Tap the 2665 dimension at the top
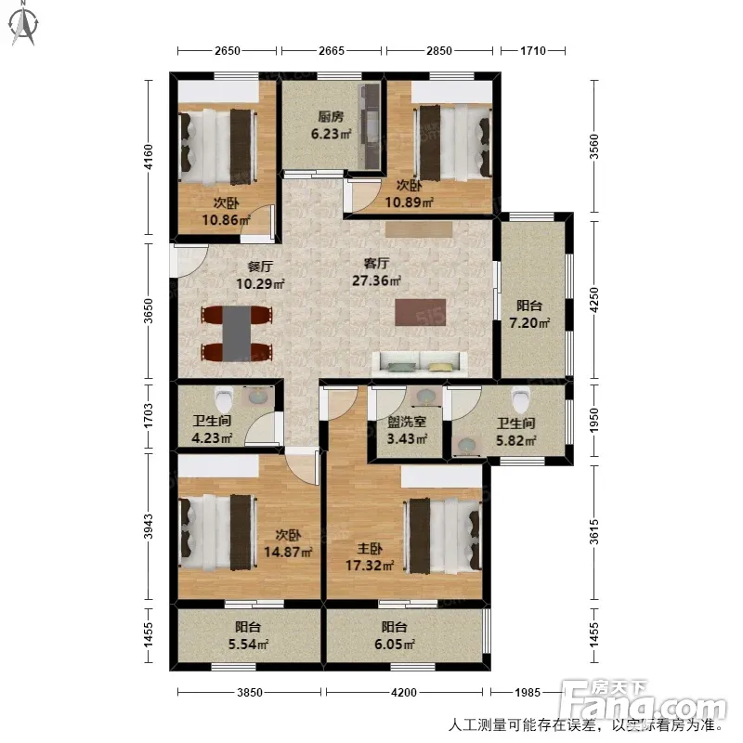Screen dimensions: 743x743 332,50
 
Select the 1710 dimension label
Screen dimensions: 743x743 533,50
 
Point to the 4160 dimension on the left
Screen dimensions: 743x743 149,157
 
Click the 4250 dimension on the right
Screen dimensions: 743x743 594,299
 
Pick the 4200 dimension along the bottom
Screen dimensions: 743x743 404,692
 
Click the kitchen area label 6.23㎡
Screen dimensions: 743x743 332,134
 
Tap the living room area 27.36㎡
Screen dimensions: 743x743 377,280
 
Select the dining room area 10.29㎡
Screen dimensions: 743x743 260,284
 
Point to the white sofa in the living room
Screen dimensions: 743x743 420,364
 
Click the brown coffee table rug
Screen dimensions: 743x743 421,312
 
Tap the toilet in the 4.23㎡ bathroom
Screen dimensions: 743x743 223,399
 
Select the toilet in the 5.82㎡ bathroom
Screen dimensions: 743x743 520,399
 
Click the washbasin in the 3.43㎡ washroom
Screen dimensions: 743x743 425,397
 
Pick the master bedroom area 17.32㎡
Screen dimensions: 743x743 370,566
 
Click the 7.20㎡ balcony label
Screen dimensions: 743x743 529,323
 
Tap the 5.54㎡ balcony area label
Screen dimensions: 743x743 249,645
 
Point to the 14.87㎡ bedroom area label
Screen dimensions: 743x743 288,552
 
